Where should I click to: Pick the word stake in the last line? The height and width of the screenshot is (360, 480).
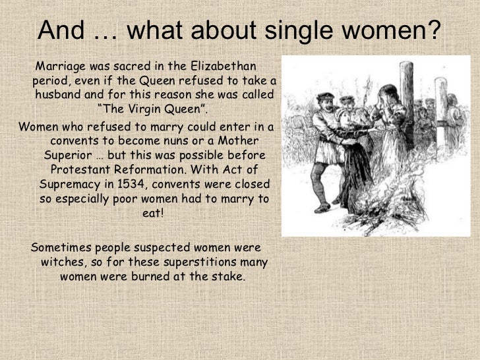[225, 276]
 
